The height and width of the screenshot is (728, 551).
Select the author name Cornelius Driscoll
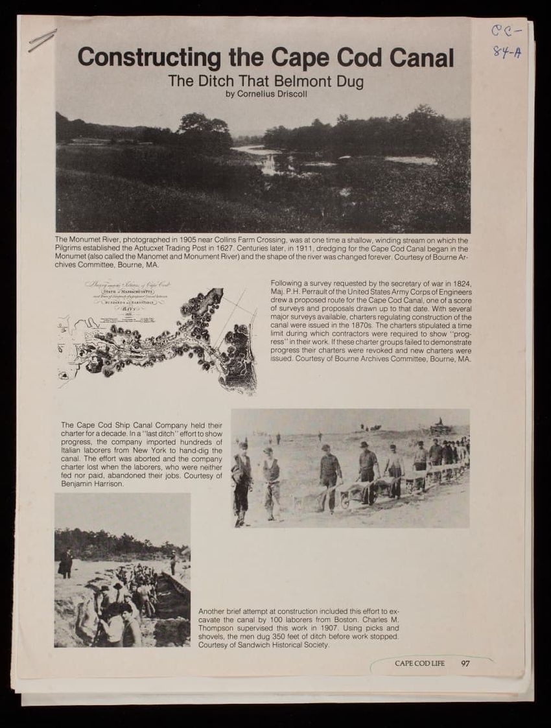tap(272, 94)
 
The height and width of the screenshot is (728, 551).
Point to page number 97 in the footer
tap(465, 663)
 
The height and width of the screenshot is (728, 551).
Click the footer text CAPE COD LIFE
tap(419, 663)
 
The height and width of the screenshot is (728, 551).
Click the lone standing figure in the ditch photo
tap(65, 562)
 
